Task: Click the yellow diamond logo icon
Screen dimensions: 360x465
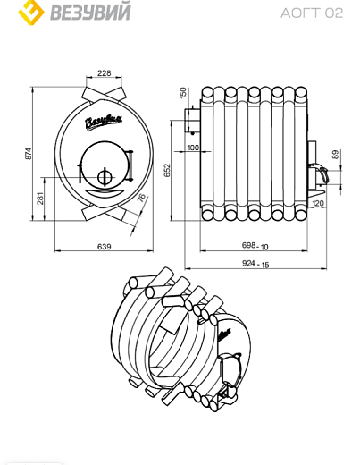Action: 31,12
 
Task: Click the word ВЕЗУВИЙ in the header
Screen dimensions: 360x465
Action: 90,12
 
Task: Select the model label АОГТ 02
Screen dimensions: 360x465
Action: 312,13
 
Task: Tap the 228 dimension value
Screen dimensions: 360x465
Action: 104,73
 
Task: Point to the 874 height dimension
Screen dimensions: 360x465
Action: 28,154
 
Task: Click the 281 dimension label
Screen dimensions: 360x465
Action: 40,199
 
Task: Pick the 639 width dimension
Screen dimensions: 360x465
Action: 105,247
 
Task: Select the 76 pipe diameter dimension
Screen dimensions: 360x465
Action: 142,198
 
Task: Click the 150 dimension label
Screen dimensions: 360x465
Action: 183,92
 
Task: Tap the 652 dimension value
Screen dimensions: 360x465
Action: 167,170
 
